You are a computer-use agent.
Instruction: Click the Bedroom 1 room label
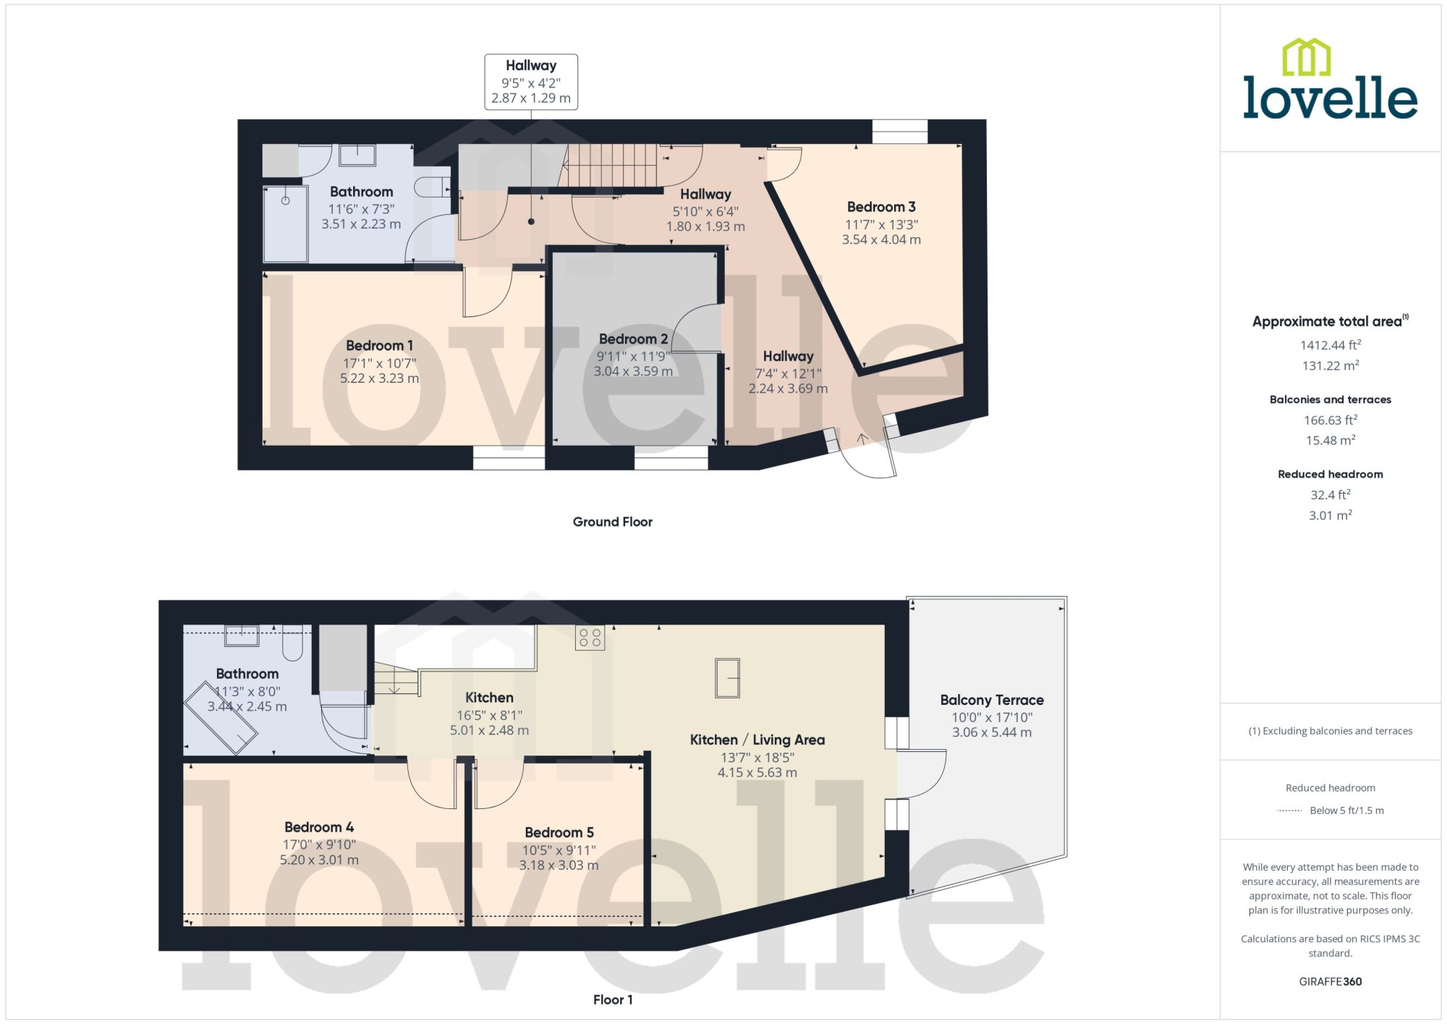click(379, 346)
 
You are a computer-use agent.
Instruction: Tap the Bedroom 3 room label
click(881, 207)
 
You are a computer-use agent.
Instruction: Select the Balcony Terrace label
click(992, 700)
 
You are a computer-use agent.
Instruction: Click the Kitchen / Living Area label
click(758, 740)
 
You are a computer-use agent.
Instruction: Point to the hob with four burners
click(590, 638)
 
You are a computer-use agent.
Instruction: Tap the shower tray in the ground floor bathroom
click(286, 224)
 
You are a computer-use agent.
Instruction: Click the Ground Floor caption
click(613, 522)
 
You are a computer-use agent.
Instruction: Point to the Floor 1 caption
click(613, 999)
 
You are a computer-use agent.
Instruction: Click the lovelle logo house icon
click(1307, 57)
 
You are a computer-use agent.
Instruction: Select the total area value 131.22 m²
click(1331, 365)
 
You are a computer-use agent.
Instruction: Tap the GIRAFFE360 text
click(1331, 981)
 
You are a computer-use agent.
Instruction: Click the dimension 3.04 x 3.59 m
click(633, 371)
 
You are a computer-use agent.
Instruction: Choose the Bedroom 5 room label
click(559, 832)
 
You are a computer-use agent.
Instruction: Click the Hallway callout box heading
click(531, 65)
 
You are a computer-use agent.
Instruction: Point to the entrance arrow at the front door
click(862, 439)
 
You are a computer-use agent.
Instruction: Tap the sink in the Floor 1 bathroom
click(242, 635)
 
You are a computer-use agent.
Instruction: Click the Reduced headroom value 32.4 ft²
click(1331, 495)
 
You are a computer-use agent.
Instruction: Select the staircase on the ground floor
click(611, 165)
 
